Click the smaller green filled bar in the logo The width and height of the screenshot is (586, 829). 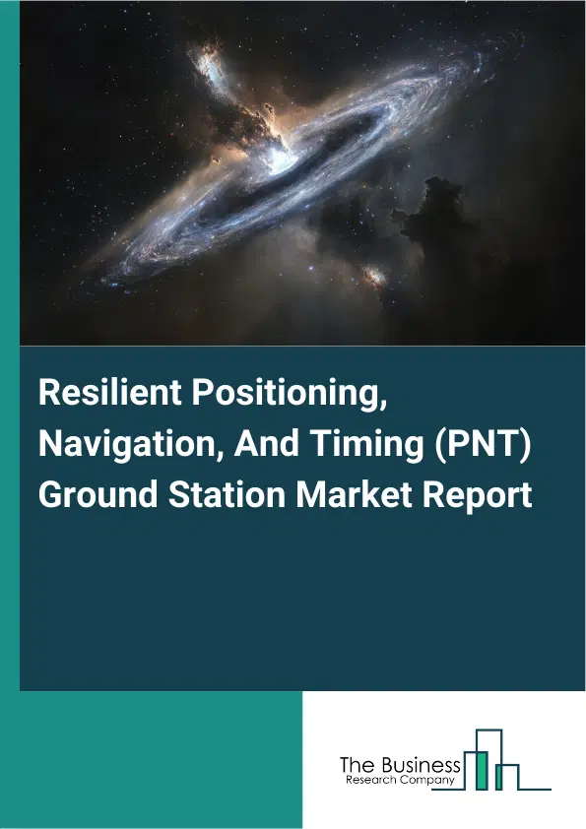point(499,778)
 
